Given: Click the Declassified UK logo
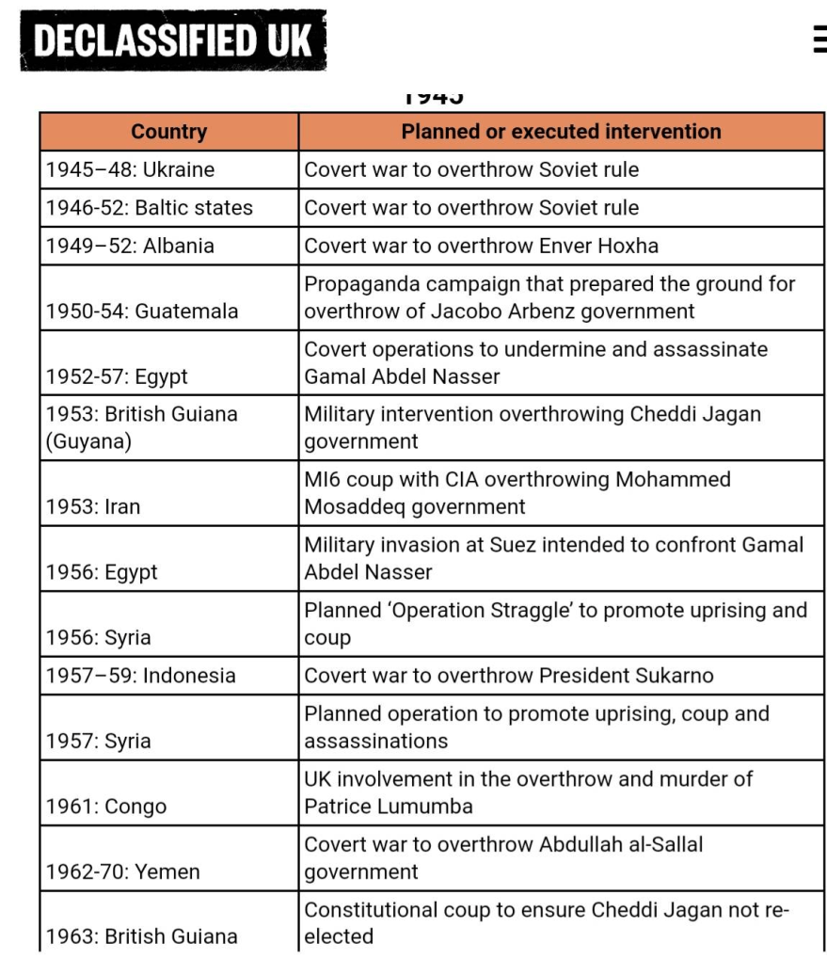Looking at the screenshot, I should (173, 40).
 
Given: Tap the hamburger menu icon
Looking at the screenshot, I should (819, 40).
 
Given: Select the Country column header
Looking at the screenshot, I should (168, 132).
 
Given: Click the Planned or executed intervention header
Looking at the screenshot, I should (561, 132).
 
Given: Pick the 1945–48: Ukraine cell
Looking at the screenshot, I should (130, 170).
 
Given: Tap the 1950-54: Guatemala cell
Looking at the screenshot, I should (142, 312).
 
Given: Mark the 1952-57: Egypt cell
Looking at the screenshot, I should (117, 376).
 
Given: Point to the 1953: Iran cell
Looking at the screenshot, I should (93, 507).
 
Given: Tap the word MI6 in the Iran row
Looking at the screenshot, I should (323, 479).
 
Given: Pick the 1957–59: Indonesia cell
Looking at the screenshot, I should (140, 676).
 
